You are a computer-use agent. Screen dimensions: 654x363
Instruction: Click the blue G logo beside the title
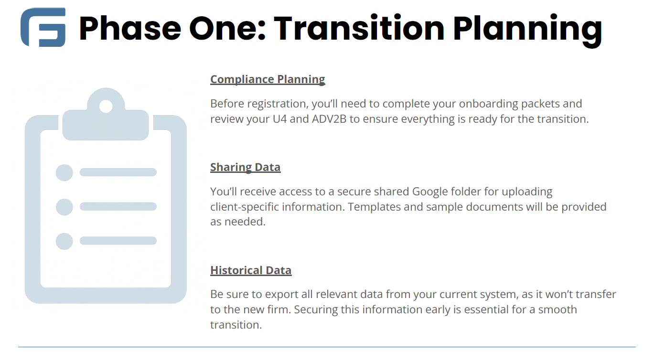pos(43,27)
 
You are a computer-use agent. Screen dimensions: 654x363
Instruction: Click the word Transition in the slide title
pos(359,28)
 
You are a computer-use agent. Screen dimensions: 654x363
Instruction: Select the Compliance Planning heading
pos(268,79)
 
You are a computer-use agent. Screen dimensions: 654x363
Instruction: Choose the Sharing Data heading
pos(245,167)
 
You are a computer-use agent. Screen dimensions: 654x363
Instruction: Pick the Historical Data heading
pos(251,270)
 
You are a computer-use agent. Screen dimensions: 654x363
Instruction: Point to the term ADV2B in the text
pos(329,119)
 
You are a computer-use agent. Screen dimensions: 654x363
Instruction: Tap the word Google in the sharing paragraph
pos(430,192)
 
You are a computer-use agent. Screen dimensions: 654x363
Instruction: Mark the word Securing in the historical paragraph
pos(316,310)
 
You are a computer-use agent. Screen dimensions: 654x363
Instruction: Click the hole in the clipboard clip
pos(106,106)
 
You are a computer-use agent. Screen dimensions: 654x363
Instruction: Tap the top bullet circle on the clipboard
pos(64,172)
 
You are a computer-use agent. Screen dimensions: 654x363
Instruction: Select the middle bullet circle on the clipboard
pos(64,207)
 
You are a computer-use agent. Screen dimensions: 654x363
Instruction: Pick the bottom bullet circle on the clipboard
pos(64,241)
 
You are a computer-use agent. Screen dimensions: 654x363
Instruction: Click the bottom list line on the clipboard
pos(118,241)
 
